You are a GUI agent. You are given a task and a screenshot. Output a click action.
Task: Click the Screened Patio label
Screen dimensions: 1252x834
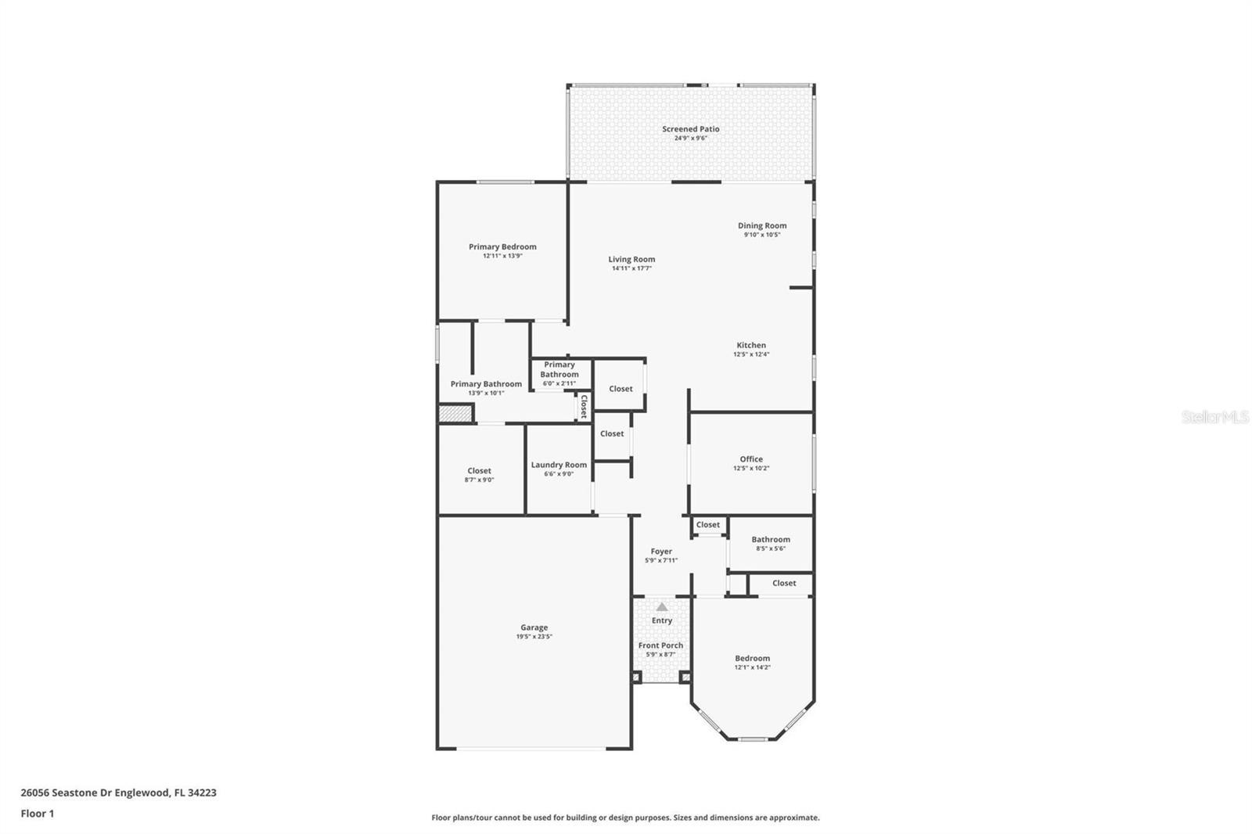pos(690,129)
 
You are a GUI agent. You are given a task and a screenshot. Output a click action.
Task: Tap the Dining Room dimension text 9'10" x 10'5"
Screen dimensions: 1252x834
pos(762,235)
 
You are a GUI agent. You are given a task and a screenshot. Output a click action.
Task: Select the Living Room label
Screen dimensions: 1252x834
pos(631,260)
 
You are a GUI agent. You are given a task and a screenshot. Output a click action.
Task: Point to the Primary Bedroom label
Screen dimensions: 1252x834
pos(502,247)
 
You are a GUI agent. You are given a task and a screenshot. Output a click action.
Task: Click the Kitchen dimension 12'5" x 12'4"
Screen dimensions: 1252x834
pos(751,354)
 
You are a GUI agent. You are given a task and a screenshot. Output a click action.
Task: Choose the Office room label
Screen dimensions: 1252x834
pos(751,459)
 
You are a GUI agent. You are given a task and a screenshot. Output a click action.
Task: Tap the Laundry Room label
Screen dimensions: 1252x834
pos(559,465)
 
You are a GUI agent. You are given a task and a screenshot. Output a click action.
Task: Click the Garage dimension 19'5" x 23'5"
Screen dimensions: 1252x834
pos(534,637)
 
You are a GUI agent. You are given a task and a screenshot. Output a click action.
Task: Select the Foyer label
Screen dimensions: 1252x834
pos(661,552)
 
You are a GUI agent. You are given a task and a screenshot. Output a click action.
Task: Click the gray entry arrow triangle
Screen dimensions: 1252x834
pos(662,606)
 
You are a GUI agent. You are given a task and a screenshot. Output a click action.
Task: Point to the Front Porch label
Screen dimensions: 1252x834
pos(660,645)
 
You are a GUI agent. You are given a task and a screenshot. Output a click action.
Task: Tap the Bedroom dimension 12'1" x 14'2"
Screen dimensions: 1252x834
pos(752,667)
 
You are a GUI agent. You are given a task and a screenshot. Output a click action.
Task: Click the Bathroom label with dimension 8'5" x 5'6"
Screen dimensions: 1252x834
pos(771,539)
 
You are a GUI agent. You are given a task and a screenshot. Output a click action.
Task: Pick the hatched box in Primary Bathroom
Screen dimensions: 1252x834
pos(455,414)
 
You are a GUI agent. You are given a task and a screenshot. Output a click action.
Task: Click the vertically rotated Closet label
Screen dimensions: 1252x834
pos(584,406)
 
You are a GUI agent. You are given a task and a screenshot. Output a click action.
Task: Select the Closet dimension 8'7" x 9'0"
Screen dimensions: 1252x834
pos(479,480)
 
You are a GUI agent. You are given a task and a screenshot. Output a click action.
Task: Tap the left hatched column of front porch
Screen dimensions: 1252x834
pos(636,678)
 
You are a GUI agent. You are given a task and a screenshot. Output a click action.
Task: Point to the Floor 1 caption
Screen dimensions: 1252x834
pos(38,814)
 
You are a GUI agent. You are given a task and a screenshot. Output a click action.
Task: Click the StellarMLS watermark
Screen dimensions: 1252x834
pos(1215,417)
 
